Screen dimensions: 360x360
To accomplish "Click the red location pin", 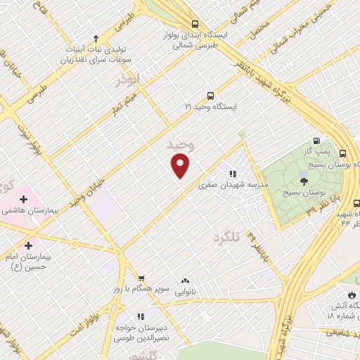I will (x=181, y=165).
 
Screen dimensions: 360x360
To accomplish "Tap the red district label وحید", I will (x=179, y=144).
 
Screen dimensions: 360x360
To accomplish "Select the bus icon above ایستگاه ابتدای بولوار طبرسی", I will (x=195, y=25).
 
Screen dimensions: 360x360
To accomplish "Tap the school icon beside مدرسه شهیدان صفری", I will (x=231, y=174).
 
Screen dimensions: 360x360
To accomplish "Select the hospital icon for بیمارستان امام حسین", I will (x=28, y=245).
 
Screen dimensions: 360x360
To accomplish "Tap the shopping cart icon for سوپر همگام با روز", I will (x=141, y=278).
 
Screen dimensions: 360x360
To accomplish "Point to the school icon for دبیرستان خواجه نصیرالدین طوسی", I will (x=140, y=317).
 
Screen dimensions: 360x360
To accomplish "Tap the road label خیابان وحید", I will (x=86, y=191).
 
